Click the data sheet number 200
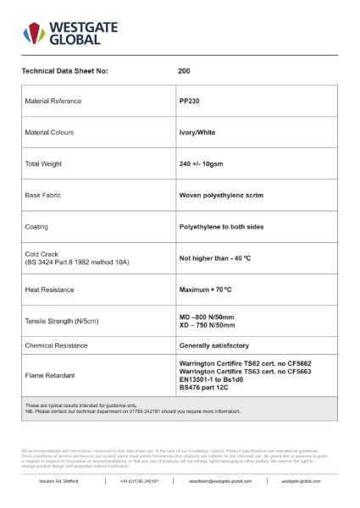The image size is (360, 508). pos(184,71)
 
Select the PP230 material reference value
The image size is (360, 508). pos(189,101)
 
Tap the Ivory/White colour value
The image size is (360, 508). pos(198,132)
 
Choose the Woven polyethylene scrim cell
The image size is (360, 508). pos(221,195)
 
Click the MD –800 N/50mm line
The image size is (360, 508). pos(212,316)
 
